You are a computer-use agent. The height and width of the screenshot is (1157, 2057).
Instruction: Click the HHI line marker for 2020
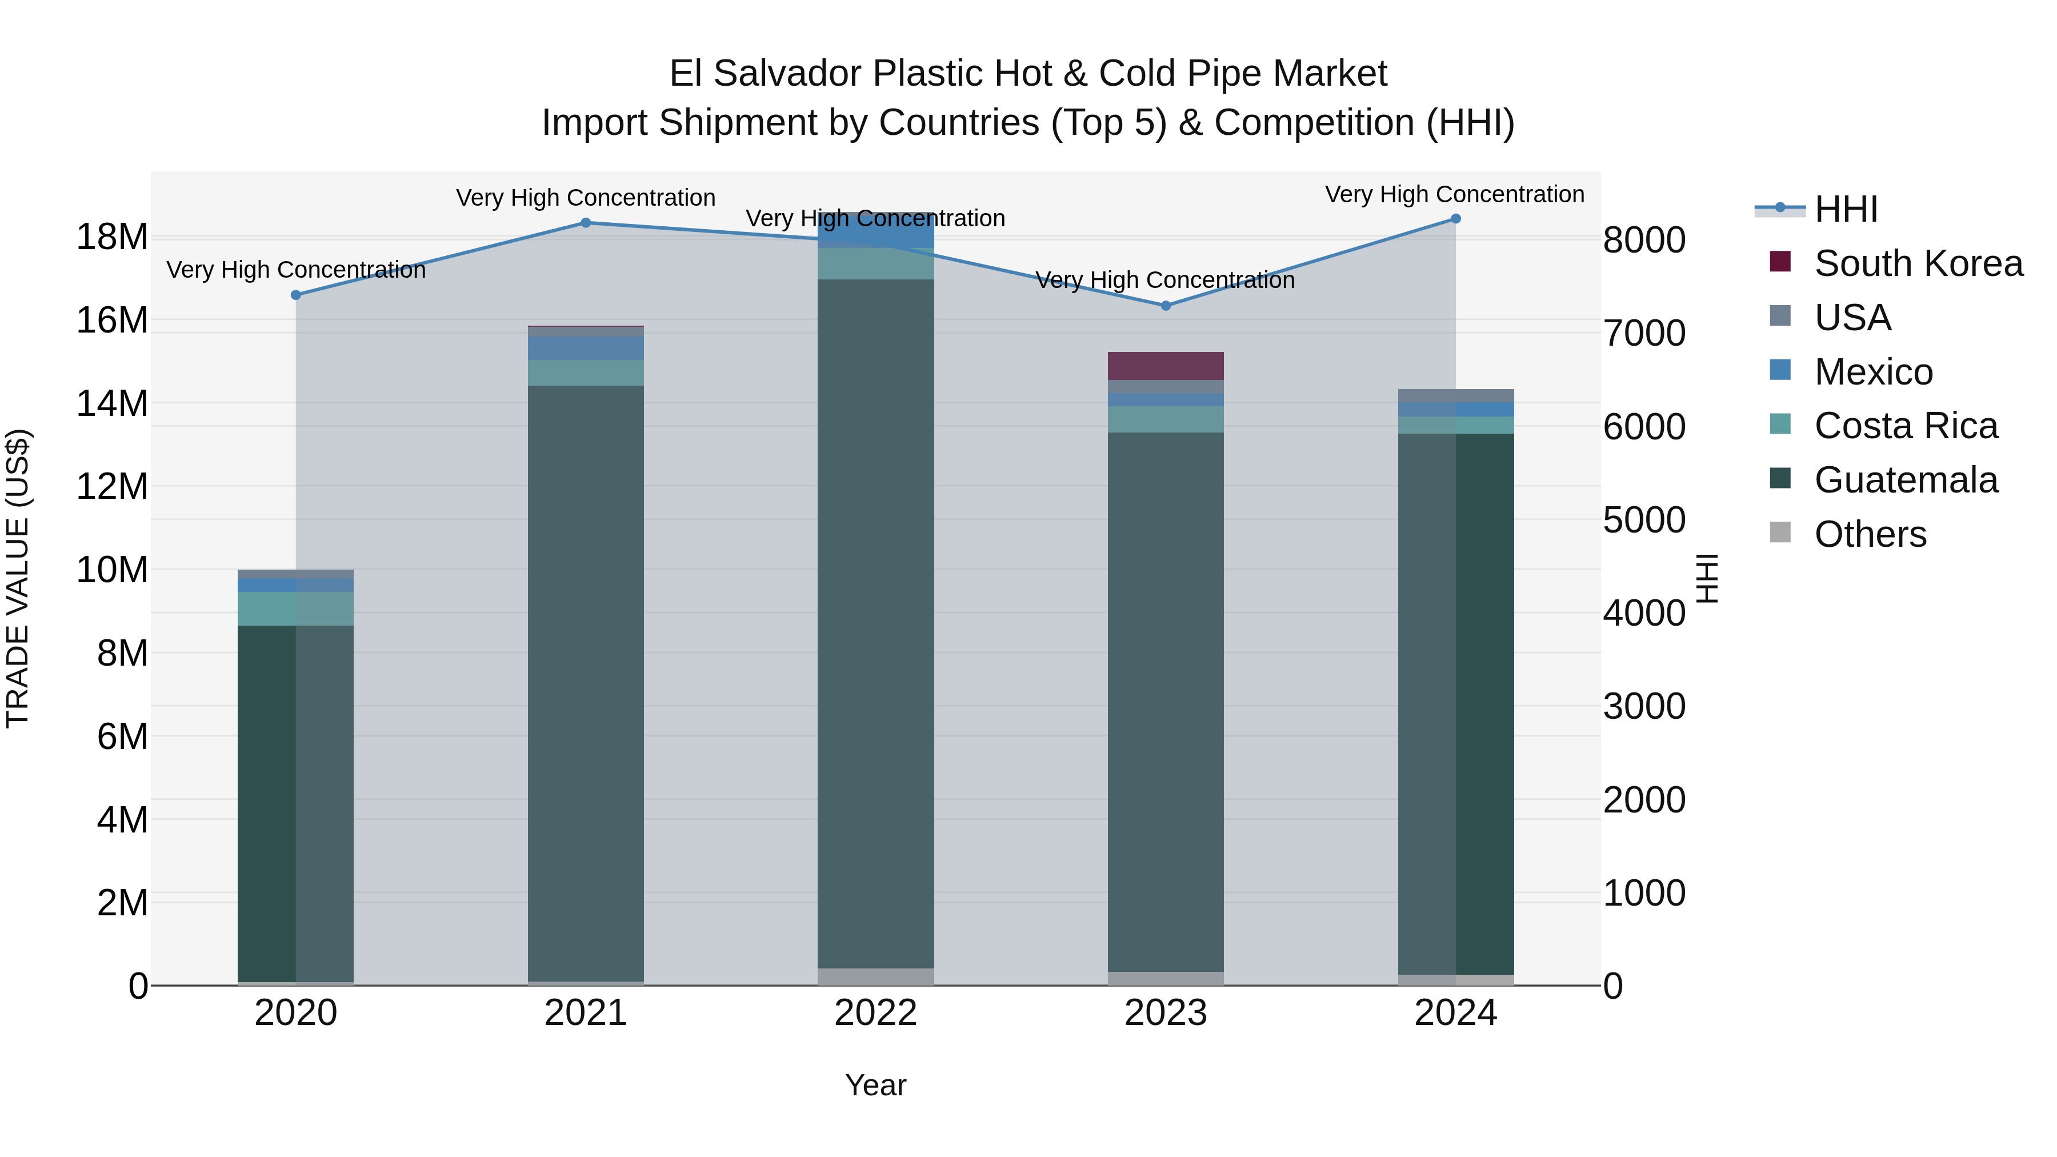(295, 295)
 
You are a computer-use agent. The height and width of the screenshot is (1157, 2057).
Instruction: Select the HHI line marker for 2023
(1165, 306)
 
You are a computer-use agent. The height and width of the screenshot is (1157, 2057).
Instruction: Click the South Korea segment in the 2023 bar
(1165, 366)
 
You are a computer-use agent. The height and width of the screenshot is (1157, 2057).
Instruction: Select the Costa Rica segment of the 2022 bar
(875, 263)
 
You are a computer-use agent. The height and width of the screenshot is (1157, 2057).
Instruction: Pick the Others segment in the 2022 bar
(875, 976)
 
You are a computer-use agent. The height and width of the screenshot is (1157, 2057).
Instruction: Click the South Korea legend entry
(1917, 263)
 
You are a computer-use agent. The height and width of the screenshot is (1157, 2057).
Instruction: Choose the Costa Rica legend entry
(1905, 426)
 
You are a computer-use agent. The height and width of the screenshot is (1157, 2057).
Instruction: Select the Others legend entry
(1870, 534)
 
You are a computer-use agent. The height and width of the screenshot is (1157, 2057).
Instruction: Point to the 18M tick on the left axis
(112, 237)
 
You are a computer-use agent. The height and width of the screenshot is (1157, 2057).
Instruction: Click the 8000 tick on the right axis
(1644, 241)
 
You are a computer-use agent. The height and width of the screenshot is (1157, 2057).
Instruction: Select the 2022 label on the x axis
(875, 1013)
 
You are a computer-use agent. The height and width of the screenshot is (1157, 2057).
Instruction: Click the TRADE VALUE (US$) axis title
(18, 578)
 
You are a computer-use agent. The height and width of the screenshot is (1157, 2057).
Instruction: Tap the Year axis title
(875, 1085)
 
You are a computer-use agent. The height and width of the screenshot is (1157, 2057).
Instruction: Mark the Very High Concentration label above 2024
(1454, 194)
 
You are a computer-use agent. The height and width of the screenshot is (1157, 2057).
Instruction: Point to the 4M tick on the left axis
(122, 820)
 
